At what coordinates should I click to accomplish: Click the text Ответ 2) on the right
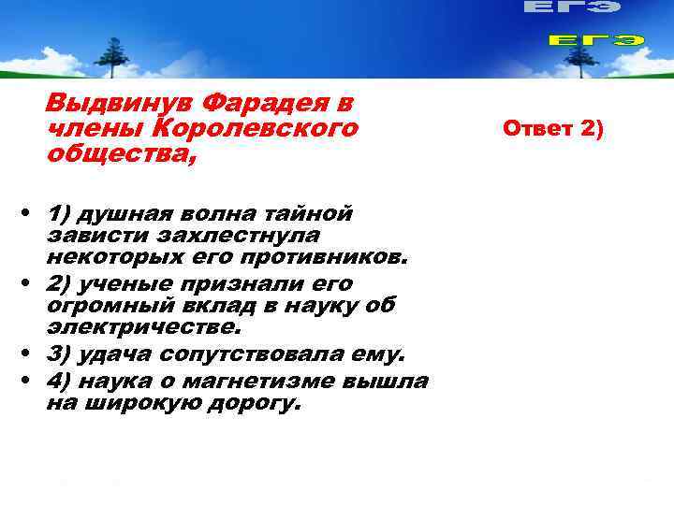pos(554,126)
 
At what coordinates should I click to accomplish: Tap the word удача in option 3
pos(116,355)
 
